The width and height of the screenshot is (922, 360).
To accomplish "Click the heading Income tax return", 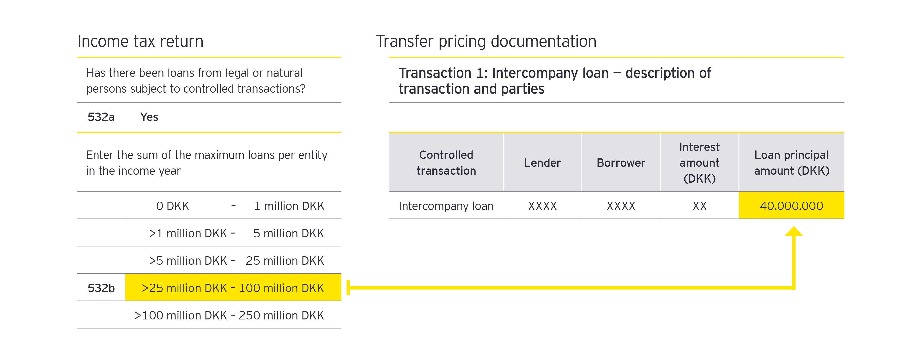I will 140,42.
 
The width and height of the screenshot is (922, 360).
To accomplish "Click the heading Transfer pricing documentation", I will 486,42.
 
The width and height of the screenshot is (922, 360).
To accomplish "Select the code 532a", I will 101,117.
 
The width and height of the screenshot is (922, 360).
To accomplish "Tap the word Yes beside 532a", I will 149,117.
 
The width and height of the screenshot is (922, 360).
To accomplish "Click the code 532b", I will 101,288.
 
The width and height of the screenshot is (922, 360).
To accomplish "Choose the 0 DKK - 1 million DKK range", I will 240,206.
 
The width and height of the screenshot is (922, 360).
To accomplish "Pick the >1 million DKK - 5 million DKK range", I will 236,233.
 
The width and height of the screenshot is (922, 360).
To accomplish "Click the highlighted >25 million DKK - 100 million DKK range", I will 233,288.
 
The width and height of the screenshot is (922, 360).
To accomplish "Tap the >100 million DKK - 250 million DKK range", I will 229,316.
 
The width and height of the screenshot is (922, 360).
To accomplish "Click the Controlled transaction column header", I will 446,163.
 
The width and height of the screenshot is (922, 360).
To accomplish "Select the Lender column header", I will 542,163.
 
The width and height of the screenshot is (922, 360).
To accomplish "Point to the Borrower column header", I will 621,163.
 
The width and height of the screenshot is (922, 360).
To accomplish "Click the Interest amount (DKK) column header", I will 699,163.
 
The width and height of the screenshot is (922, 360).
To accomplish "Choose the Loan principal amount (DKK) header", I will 791,163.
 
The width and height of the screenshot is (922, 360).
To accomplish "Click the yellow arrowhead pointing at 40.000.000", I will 794,232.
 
